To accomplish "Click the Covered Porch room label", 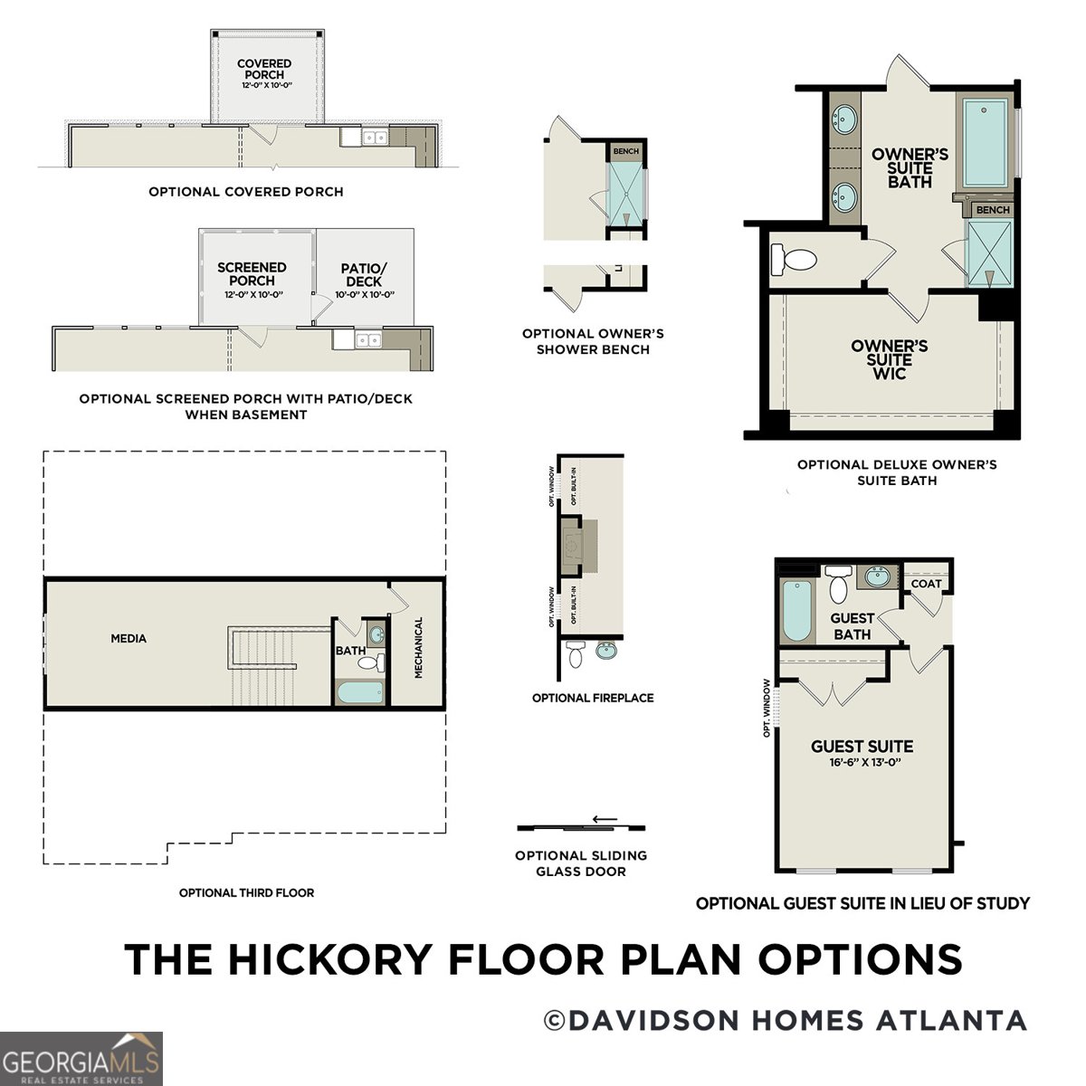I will pyautogui.click(x=264, y=70).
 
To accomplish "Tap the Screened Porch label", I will pyautogui.click(x=252, y=274).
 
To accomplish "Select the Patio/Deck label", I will pyautogui.click(x=364, y=275).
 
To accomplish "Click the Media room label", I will pyautogui.click(x=129, y=639).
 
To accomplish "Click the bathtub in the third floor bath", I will pyautogui.click(x=360, y=694).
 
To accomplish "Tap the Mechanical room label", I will pyautogui.click(x=419, y=648).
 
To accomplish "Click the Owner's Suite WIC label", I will pyautogui.click(x=889, y=359).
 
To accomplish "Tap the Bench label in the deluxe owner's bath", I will pyautogui.click(x=993, y=210).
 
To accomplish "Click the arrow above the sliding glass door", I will pyautogui.click(x=604, y=819).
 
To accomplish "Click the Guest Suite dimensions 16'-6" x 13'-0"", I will pyautogui.click(x=862, y=763).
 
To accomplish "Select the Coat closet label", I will pyautogui.click(x=926, y=584).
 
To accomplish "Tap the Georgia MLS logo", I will pyautogui.click(x=81, y=1059).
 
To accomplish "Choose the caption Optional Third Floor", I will pyautogui.click(x=246, y=893).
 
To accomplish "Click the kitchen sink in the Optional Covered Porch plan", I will pyautogui.click(x=375, y=138).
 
